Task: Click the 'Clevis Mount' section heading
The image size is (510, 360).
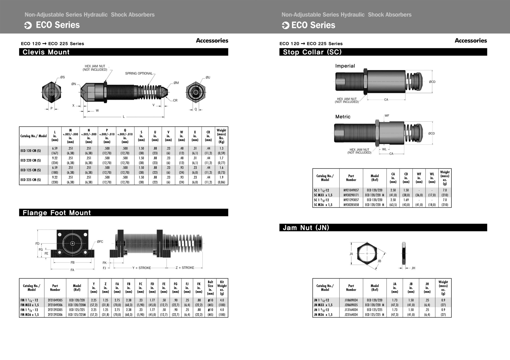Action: (46, 52)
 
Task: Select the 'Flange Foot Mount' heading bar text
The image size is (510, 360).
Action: (57, 213)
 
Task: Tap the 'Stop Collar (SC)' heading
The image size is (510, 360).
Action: (312, 52)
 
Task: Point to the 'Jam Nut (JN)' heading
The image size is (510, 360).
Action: (306, 228)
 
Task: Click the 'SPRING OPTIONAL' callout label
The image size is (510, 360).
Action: (139, 73)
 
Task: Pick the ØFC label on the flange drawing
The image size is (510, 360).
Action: (100, 242)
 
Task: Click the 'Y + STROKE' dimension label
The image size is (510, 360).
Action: (142, 268)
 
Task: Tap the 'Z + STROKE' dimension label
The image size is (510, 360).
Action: (185, 268)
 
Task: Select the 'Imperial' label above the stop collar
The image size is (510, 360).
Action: (345, 66)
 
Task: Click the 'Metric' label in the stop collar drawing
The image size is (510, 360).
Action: (343, 117)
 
